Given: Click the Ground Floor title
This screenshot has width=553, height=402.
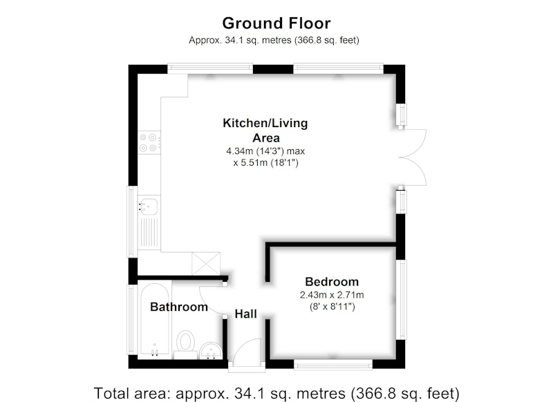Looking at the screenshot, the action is click(x=276, y=23).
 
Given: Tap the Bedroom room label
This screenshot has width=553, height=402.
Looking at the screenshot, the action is click(x=332, y=282).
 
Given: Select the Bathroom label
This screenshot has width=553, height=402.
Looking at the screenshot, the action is click(x=179, y=307).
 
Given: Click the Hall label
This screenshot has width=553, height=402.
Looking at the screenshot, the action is click(x=245, y=314).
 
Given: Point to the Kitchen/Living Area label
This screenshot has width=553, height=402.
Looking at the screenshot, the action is click(x=265, y=131).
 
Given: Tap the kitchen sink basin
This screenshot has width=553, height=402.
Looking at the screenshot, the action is click(x=149, y=206).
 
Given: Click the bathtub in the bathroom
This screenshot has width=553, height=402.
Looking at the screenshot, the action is click(x=154, y=320).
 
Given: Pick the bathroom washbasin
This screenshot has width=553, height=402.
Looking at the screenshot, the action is click(x=211, y=351).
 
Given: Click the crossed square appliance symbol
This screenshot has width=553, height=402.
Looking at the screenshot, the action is click(x=206, y=264).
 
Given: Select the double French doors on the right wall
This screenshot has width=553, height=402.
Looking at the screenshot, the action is click(x=413, y=157).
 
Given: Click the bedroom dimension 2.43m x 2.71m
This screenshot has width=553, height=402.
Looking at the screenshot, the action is click(x=332, y=295).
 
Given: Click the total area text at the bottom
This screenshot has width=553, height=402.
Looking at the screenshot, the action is click(x=276, y=393).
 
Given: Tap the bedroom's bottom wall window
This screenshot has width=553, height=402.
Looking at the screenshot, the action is click(x=333, y=365).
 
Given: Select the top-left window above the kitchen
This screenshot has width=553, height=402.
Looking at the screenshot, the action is click(x=210, y=68).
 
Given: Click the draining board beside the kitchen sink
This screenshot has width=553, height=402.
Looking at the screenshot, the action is click(x=149, y=233).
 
